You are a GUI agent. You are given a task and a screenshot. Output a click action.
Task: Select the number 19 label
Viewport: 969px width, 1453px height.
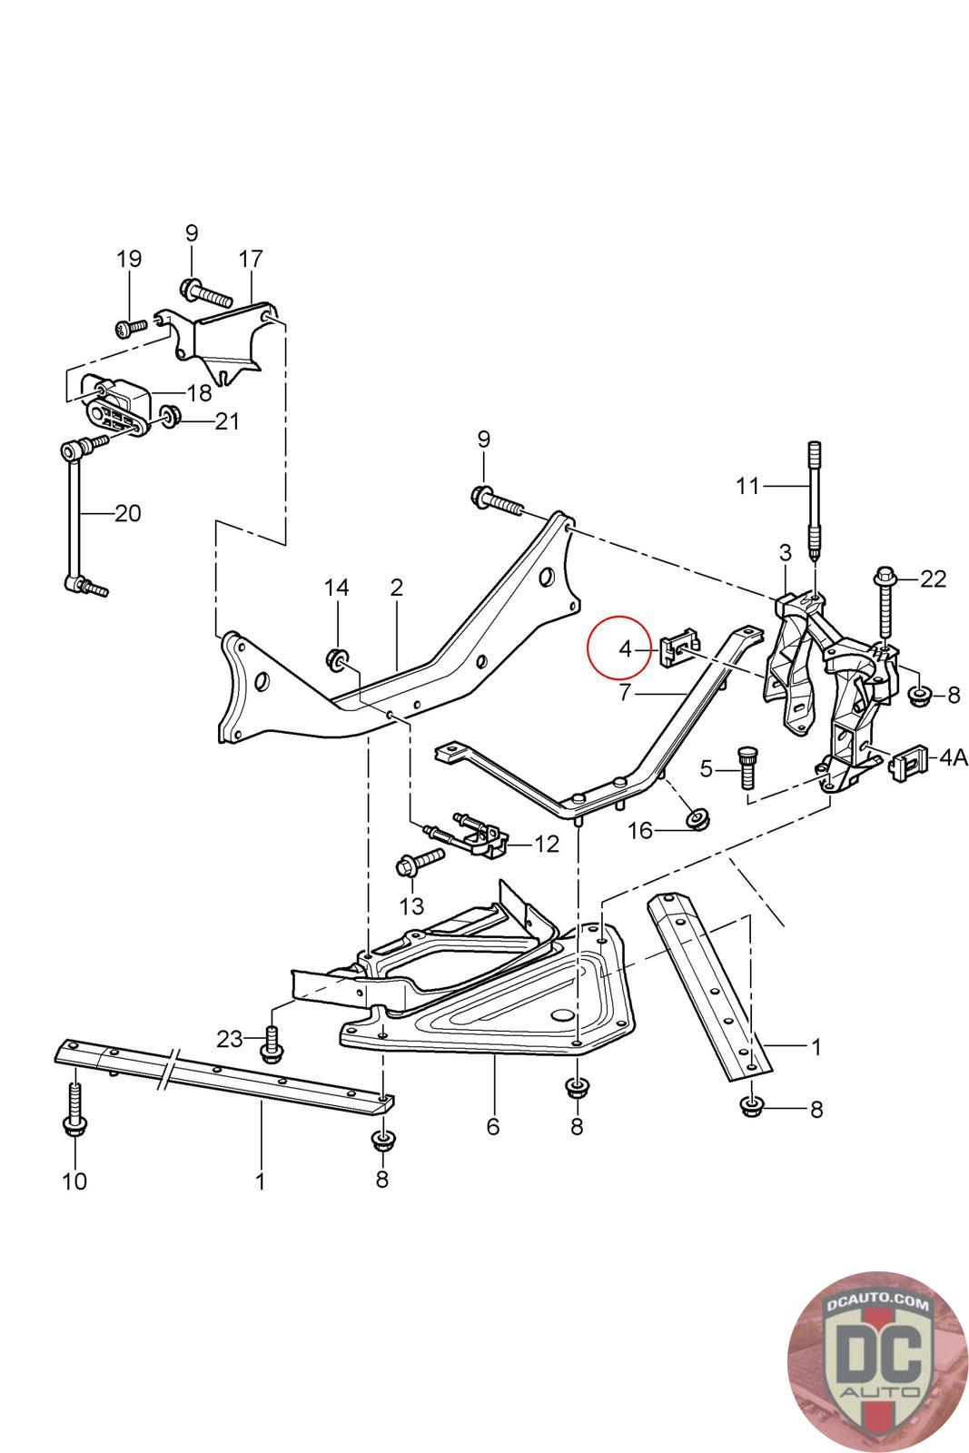click(x=129, y=259)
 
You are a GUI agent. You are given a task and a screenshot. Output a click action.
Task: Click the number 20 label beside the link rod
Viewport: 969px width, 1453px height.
click(x=128, y=513)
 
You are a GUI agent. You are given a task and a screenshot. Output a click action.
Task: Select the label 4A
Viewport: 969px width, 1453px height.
click(x=953, y=756)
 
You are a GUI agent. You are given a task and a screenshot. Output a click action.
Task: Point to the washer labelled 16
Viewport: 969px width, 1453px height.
click(x=697, y=818)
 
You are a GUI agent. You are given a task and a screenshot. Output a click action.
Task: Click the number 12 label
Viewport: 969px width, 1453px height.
click(x=547, y=844)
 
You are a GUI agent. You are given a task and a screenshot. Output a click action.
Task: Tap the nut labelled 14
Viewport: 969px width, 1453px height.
click(x=338, y=659)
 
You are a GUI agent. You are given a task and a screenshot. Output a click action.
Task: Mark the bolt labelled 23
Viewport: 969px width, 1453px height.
click(x=270, y=1043)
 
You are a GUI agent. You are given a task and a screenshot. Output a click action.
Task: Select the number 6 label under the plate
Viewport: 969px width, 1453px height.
click(x=493, y=1127)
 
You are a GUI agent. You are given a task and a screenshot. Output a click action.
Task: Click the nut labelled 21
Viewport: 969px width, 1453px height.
click(x=170, y=418)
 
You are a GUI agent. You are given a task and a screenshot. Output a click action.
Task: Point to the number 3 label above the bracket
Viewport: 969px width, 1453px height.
click(x=786, y=551)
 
